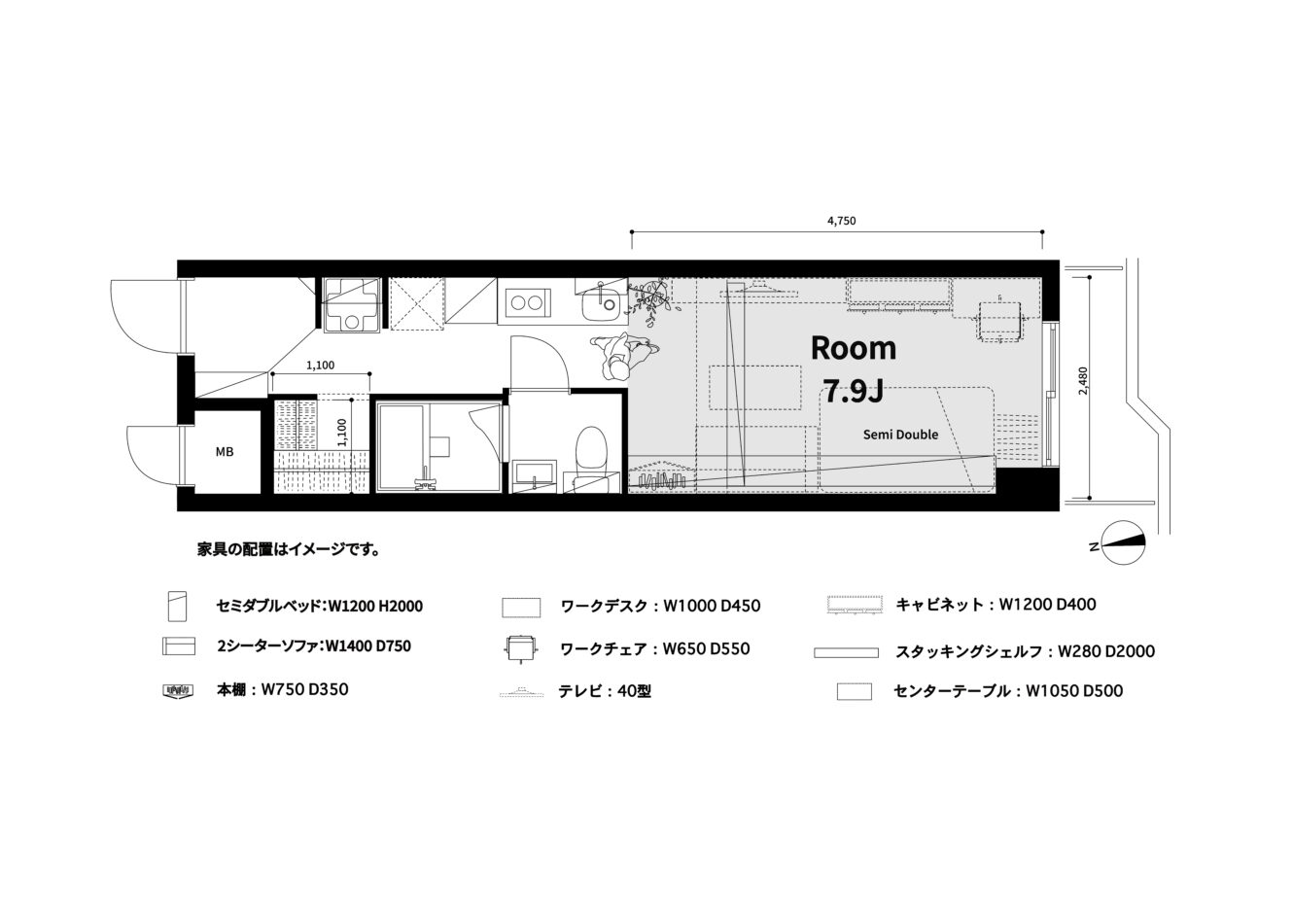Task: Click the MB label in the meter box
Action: click(225, 452)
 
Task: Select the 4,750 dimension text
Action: click(842, 221)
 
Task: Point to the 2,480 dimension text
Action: click(1083, 381)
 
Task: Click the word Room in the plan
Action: click(854, 348)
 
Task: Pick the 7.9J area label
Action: click(854, 392)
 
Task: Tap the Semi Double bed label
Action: click(900, 435)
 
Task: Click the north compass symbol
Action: click(1123, 542)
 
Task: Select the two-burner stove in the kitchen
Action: click(527, 302)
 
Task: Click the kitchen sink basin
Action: click(601, 305)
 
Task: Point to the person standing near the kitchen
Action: click(622, 356)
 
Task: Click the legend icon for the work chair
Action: click(521, 649)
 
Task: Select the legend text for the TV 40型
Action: click(605, 691)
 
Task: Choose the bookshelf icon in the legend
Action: click(178, 690)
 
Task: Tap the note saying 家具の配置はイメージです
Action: click(289, 549)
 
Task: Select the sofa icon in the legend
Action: click(179, 646)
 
